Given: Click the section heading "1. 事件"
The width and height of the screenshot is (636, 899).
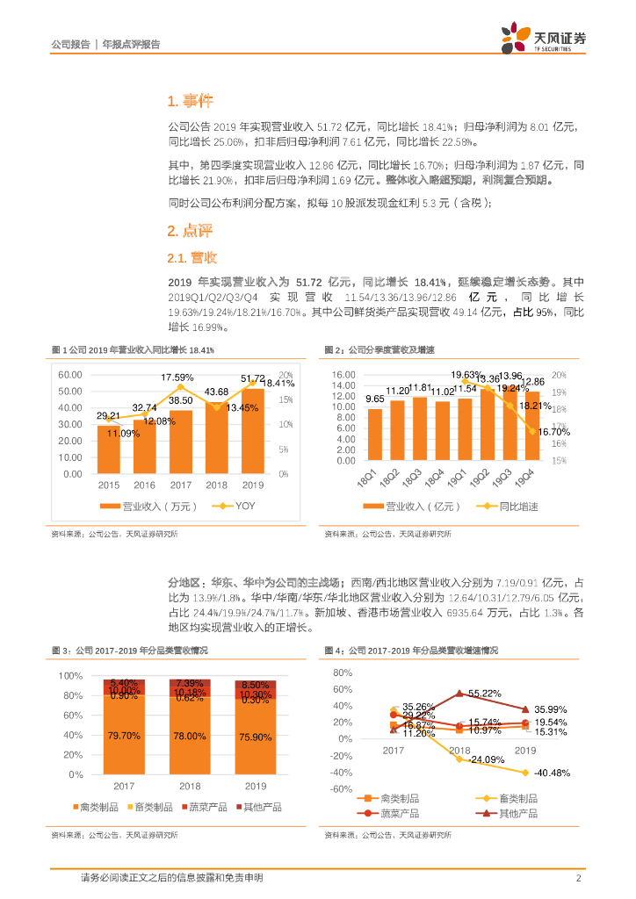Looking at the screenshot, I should pos(190,101).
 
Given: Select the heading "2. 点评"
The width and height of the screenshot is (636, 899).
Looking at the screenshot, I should pos(190,231).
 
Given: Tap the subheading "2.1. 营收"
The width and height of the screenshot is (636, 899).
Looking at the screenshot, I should pos(192,258).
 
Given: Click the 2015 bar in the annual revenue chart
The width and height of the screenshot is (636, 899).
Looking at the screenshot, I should pos(108,449).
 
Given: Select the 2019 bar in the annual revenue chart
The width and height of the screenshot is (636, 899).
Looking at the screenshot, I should pos(253,430).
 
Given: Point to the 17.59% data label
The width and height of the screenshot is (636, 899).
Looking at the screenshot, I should pos(177,378).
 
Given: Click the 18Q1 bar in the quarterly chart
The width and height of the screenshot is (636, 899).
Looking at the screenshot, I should pos(375,435).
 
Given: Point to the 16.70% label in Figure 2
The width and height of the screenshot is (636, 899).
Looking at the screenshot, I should pos(555,432).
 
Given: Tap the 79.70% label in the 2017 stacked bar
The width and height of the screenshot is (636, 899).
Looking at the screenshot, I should pos(126,735).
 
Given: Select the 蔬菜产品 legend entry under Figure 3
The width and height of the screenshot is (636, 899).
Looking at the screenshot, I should pos(204,805).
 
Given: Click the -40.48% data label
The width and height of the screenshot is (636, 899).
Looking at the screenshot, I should pos(552,773).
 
